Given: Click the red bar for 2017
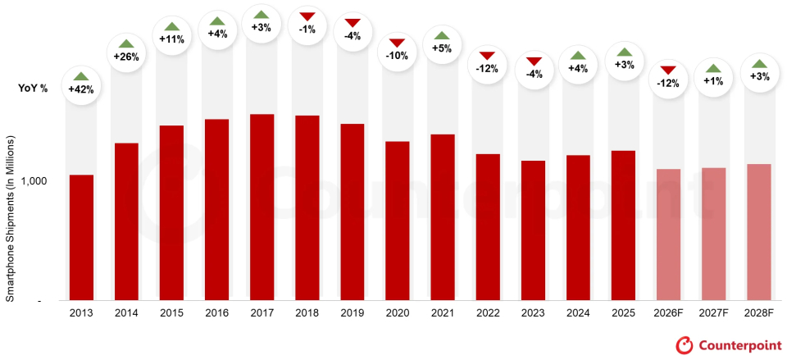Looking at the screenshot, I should click(x=262, y=207).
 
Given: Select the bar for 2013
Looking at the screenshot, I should click(x=81, y=238).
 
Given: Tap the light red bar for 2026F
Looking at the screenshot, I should click(x=668, y=235).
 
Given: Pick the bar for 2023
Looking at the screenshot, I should click(x=533, y=230).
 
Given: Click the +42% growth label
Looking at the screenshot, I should click(x=81, y=89).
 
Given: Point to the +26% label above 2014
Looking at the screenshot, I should click(x=126, y=57).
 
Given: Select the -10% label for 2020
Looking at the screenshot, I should click(x=397, y=57).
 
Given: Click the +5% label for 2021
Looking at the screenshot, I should click(x=442, y=48).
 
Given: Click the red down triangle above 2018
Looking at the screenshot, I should click(x=307, y=17).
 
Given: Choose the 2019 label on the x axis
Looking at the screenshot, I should click(x=352, y=312).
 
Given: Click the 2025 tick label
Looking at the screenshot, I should click(x=623, y=312).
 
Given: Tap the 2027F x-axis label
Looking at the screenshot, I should click(x=713, y=312).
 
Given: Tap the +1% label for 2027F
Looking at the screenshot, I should click(x=713, y=81).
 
